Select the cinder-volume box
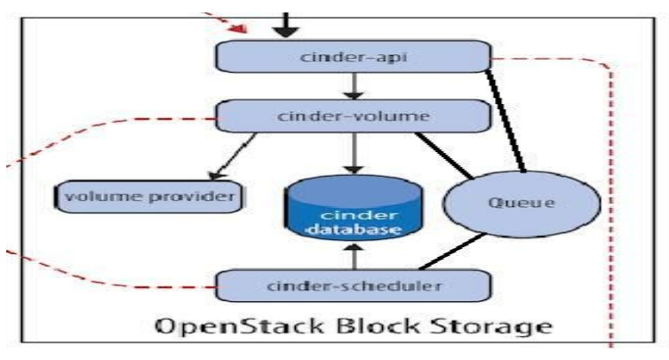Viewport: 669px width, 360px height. pyautogui.click(x=354, y=116)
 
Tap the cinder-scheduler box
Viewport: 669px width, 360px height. pyautogui.click(x=354, y=285)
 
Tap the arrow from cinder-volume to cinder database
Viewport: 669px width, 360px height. pyautogui.click(x=354, y=156)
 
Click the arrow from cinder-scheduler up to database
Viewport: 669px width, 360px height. pyautogui.click(x=354, y=256)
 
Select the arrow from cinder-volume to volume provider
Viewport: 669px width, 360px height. pyautogui.click(x=234, y=155)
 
